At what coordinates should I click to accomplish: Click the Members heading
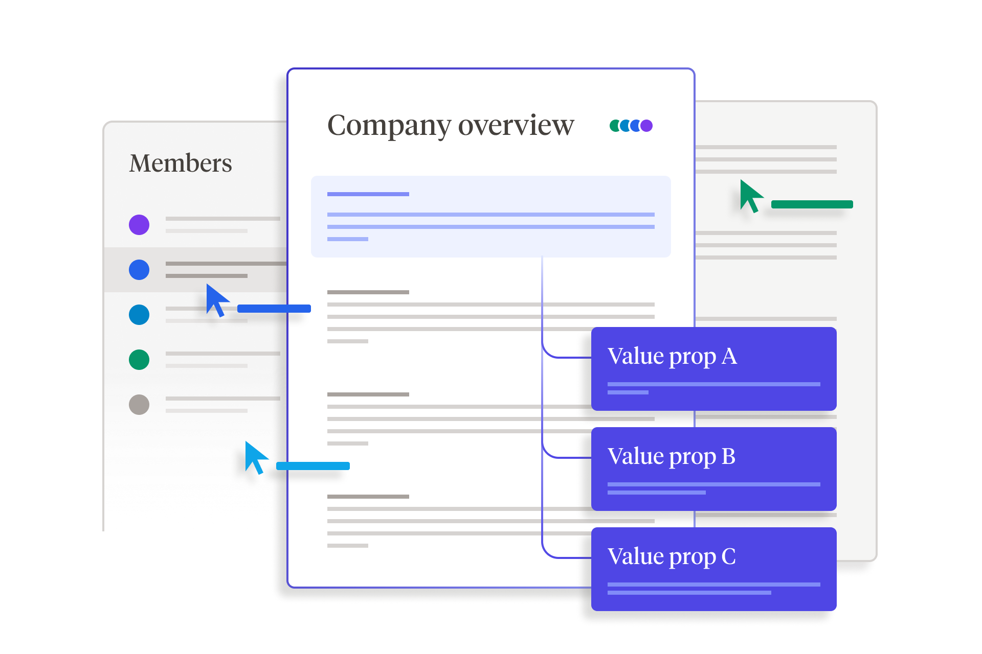point(181,163)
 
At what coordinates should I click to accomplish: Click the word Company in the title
point(389,126)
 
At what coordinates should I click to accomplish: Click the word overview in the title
point(516,126)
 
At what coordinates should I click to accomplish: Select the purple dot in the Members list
point(139,225)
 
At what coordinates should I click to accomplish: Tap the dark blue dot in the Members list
point(139,270)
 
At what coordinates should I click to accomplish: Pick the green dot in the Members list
point(139,360)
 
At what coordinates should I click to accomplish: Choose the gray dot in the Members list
point(139,405)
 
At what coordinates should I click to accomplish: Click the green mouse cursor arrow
point(749,195)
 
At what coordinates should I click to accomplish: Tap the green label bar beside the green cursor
point(812,204)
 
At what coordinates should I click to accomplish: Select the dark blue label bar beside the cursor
point(274,309)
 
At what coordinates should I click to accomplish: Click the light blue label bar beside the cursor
point(313,466)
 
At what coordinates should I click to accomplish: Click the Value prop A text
point(672,357)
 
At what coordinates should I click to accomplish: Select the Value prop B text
point(672,457)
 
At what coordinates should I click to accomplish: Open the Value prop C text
point(672,557)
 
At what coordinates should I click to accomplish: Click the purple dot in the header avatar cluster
point(647,126)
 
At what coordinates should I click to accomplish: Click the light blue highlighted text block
point(491,217)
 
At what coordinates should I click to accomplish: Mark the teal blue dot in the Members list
point(139,315)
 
